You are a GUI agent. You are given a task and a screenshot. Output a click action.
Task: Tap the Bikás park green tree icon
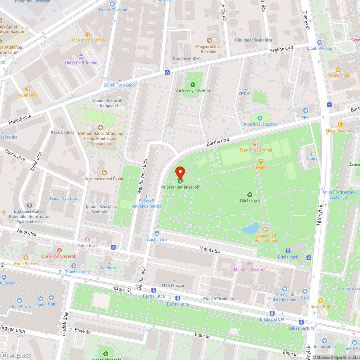tap(250, 195)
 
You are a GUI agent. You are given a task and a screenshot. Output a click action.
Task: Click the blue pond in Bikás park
tap(251, 228)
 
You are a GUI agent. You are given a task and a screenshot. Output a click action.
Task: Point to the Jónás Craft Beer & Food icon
tap(266, 229)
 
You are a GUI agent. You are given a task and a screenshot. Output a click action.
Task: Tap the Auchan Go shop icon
tap(157, 233)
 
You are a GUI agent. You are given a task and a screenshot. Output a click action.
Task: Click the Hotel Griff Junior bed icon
tap(81, 57)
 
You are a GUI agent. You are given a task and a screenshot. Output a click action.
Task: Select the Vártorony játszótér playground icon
tap(193, 85)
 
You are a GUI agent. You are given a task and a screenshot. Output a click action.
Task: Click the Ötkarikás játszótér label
tap(260, 124)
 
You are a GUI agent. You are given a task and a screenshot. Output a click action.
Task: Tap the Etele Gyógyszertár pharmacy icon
tap(59, 250)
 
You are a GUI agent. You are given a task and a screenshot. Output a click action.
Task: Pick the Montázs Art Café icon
tap(249, 264)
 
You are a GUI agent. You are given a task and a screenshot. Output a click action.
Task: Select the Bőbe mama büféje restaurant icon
tap(87, 34)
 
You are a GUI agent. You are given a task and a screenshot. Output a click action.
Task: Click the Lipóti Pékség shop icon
tap(319, 42)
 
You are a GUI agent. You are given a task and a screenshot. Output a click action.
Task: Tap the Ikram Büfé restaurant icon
tap(320, 301)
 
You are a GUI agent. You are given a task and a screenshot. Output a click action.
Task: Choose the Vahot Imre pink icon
tap(87, 240)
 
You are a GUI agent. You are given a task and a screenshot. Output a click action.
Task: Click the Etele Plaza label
tap(19, 306)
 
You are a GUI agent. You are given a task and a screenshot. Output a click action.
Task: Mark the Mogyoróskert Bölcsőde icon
tap(208, 40)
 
